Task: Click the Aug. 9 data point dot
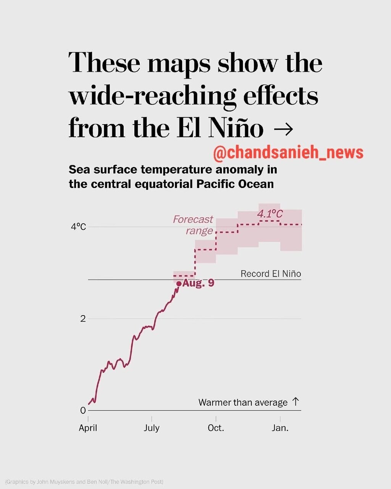(x=179, y=283)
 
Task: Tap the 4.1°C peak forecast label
(x=270, y=214)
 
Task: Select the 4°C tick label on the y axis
(x=78, y=227)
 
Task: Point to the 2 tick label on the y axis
(x=83, y=319)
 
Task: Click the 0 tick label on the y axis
(x=83, y=410)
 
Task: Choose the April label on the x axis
(x=88, y=428)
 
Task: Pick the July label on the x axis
(x=152, y=428)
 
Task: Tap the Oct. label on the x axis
(x=216, y=428)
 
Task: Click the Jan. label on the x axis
(x=280, y=428)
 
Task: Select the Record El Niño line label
(x=271, y=274)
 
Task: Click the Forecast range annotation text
(x=193, y=225)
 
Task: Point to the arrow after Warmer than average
(x=295, y=402)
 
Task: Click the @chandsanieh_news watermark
(x=288, y=153)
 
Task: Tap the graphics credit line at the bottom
(x=84, y=481)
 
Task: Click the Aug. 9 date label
(x=198, y=283)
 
